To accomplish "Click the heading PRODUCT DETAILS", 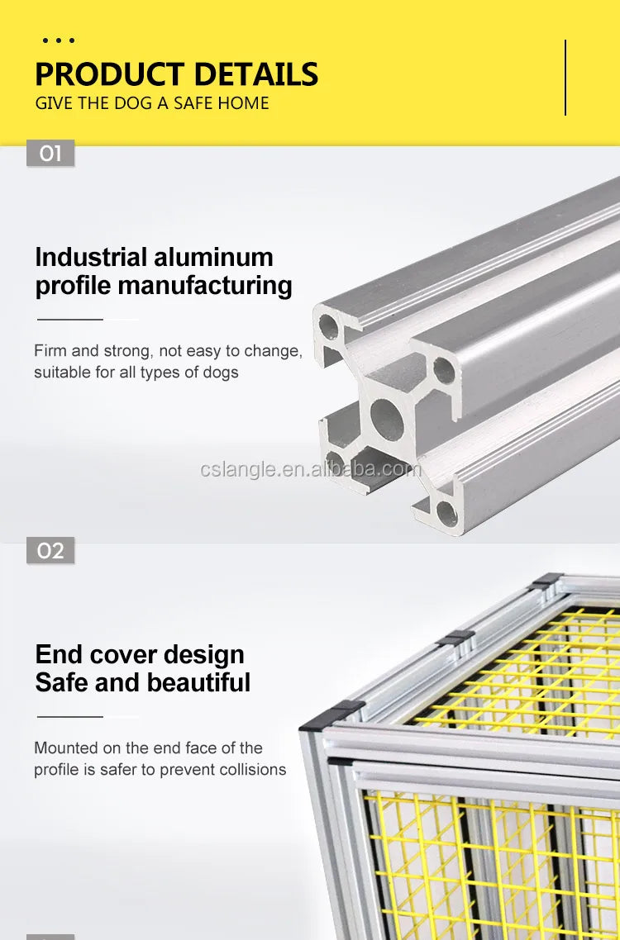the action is [x=176, y=74].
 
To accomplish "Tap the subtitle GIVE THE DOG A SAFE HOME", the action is [x=152, y=103].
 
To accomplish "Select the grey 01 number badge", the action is [x=50, y=153].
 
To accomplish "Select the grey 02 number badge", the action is [x=50, y=550].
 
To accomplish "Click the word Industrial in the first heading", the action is [x=91, y=257].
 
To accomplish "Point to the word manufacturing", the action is [x=205, y=285].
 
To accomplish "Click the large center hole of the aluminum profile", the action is [x=387, y=416].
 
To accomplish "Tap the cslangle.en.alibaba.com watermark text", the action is [x=311, y=469].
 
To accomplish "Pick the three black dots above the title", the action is [x=58, y=40].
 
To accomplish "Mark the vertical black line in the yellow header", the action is [x=565, y=78].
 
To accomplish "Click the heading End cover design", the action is [x=140, y=654].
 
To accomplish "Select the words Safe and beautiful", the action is [x=143, y=682].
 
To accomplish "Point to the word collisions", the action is [x=253, y=769].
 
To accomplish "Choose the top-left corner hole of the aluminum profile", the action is [x=327, y=326].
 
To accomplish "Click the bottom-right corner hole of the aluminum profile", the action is [x=446, y=513].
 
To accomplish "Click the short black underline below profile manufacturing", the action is [x=70, y=320].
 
